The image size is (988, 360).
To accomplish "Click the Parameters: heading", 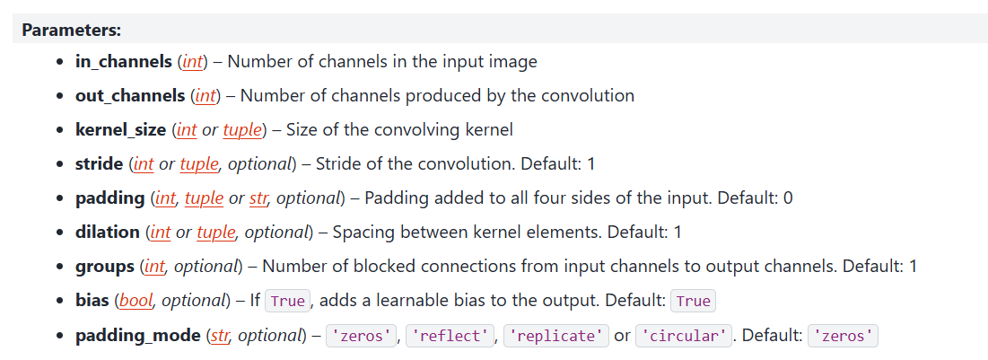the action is [72, 30].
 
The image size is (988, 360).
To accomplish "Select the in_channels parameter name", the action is [123, 62].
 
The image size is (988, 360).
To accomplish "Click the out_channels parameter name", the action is [130, 95].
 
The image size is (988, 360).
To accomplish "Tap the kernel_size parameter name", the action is [121, 129].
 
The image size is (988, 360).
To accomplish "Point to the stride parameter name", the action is [99, 163].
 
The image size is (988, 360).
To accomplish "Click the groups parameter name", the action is [105, 267].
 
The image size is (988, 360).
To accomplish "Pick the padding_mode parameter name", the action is [138, 335].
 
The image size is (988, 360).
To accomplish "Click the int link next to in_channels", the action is [192, 62].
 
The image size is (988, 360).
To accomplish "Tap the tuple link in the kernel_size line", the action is [241, 129].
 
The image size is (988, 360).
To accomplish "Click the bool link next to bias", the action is [136, 301].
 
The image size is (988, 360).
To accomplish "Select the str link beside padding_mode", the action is [218, 335].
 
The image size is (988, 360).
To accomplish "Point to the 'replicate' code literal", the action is [556, 336].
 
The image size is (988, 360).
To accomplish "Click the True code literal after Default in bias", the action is [694, 302].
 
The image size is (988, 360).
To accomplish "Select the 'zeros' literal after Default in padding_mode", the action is [843, 336].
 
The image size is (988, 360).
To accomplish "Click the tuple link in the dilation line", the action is [215, 232].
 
